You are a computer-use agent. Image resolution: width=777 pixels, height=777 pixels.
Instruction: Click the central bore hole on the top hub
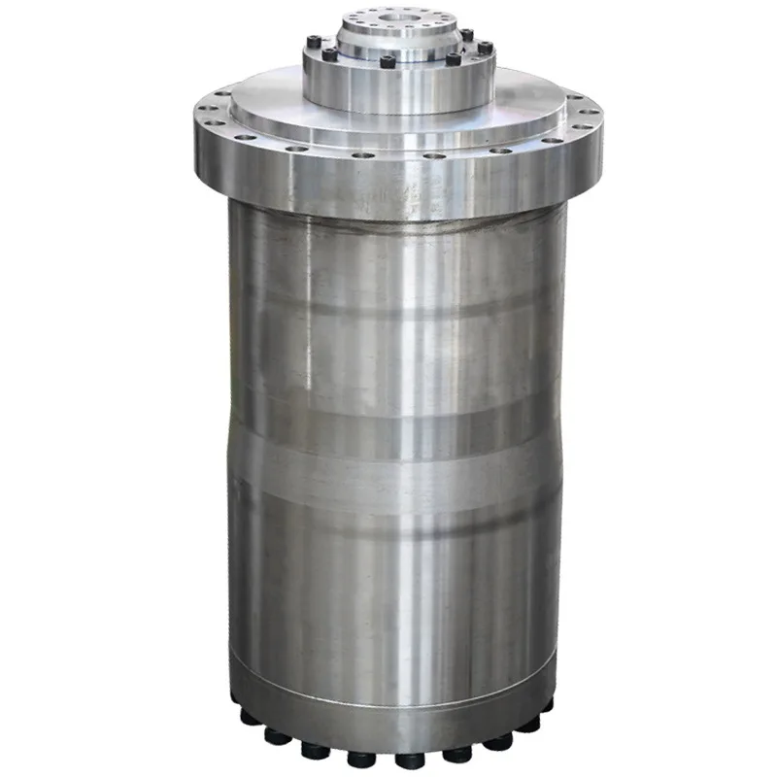pos(399,17)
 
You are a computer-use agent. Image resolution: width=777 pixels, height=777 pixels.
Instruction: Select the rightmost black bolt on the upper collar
pos(485,47)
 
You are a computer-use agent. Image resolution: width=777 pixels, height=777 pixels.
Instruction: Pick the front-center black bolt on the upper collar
pos(388,62)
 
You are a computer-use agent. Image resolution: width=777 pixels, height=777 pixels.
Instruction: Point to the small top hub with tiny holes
pos(399,29)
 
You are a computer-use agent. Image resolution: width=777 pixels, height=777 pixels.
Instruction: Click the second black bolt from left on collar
pos(330,55)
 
